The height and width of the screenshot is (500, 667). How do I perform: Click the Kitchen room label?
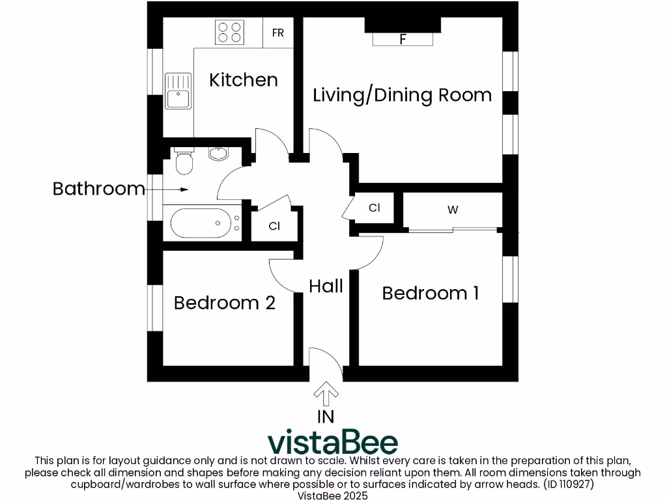coord(244,80)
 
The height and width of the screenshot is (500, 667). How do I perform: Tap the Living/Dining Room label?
coord(402,95)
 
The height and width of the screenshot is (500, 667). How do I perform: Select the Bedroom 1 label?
coord(431,293)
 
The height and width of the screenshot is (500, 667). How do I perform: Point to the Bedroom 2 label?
coord(224,303)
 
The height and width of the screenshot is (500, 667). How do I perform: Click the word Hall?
coord(326,286)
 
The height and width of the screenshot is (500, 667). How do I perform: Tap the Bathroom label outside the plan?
coord(98,189)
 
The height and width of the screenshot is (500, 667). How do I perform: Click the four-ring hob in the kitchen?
coord(229,32)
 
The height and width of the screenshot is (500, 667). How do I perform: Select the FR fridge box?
coord(278,33)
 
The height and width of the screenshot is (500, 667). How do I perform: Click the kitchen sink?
coord(177,91)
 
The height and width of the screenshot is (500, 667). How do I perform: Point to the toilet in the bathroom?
coord(184,161)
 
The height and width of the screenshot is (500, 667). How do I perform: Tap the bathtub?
coord(200,223)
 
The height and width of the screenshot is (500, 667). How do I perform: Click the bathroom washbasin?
coord(218,154)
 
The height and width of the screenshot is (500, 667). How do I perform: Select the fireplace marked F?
coord(403,39)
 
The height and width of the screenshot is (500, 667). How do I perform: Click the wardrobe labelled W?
coord(453,210)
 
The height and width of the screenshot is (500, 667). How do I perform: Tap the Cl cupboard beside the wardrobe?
coord(374,208)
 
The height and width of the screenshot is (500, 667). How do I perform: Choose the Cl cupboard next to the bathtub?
coord(275,226)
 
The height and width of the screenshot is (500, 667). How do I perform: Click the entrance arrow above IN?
coord(326,393)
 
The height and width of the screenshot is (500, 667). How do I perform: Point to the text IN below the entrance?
coord(326,417)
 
